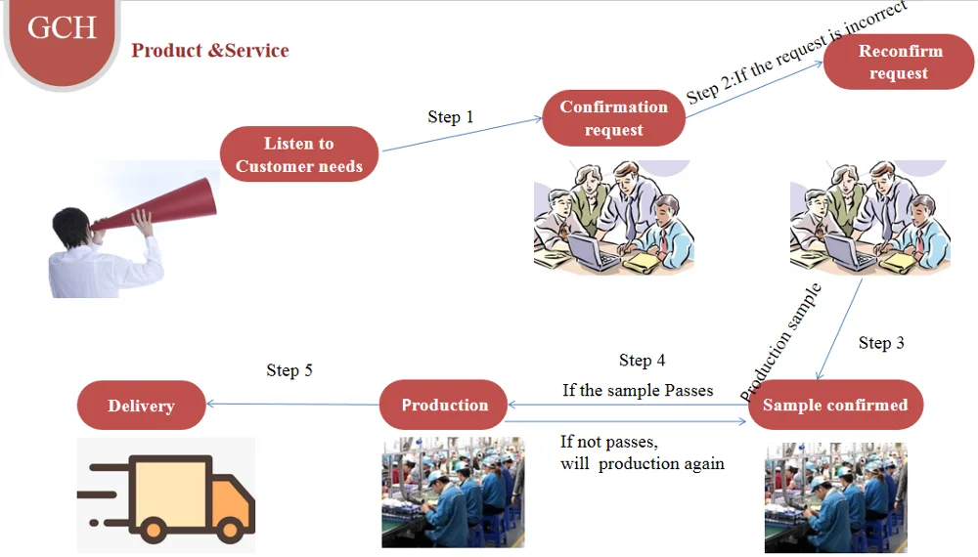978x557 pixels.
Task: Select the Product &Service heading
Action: point(210,50)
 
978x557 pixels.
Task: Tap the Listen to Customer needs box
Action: point(298,154)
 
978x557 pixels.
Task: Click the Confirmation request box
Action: point(613,118)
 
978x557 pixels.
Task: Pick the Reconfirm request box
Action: point(898,62)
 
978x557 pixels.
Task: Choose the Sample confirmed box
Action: point(834,405)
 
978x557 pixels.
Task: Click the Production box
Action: point(444,405)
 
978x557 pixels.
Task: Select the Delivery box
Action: point(141,406)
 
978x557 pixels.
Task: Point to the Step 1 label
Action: point(450,117)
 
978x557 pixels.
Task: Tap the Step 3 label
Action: point(880,343)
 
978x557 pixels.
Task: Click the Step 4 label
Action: point(642,361)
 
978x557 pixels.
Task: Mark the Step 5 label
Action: point(289,370)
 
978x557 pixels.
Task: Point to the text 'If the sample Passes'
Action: point(638,390)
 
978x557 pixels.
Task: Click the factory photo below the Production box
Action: point(453,492)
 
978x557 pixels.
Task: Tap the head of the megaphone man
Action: point(75,224)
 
